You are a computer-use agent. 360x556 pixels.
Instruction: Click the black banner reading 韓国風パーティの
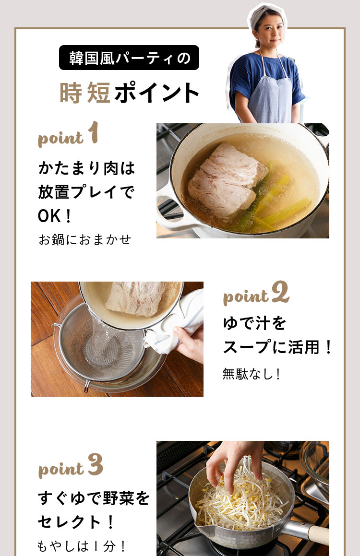[129, 58]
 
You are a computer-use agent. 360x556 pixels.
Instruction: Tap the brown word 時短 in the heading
[85, 93]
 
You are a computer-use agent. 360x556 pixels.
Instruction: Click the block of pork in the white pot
[222, 180]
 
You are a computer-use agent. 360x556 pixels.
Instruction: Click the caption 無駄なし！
[252, 374]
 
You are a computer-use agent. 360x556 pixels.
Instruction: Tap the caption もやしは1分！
[82, 546]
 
